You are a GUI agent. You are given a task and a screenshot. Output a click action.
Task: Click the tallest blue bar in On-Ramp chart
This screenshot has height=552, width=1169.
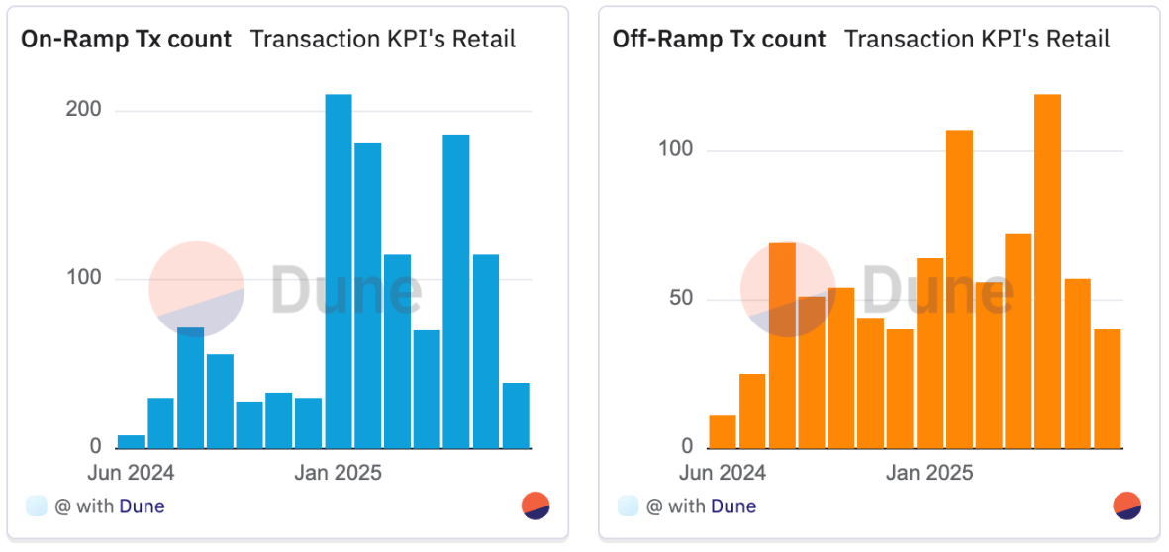[x=339, y=272]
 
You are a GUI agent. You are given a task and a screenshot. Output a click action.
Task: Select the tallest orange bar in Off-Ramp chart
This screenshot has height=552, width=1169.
[x=1047, y=271]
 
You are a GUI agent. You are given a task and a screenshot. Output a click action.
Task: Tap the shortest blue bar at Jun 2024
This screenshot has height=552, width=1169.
[x=131, y=441]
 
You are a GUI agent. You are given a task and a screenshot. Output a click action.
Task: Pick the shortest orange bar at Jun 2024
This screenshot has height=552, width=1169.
[x=723, y=431]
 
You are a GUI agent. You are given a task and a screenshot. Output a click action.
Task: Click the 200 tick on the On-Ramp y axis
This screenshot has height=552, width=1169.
[x=82, y=110]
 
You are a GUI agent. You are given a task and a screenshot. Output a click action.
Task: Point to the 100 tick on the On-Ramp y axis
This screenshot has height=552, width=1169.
[x=82, y=278]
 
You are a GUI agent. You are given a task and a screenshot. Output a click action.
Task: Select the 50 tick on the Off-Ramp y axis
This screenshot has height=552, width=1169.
[x=679, y=299]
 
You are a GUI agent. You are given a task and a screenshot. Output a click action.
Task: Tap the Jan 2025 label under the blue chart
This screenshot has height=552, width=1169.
[x=338, y=473]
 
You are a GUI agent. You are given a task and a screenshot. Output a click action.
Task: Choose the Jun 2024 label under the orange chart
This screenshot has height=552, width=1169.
[x=724, y=473]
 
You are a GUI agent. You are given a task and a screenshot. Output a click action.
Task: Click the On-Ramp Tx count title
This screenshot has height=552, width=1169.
[x=127, y=40]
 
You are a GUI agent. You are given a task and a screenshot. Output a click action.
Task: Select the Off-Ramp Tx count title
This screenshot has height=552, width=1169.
[x=719, y=40]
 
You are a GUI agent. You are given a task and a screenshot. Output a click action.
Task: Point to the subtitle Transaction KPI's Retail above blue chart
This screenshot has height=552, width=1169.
[x=383, y=40]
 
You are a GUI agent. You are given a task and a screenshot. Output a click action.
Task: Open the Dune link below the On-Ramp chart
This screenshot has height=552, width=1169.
[x=142, y=506]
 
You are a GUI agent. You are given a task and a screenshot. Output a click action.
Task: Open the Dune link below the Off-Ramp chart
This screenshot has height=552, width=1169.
[x=733, y=506]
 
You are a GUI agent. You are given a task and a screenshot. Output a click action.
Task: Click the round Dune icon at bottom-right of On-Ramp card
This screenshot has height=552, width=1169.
[x=536, y=506]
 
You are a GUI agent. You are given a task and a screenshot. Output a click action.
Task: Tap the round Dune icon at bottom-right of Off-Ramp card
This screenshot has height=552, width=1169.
[x=1127, y=506]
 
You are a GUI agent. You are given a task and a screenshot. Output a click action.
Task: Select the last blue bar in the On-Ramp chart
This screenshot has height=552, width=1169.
[x=516, y=415]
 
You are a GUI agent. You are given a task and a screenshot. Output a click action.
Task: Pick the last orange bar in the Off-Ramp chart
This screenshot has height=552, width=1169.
[x=1108, y=389]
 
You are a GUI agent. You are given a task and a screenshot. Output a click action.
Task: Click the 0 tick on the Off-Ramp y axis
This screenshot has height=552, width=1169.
[x=688, y=447]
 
